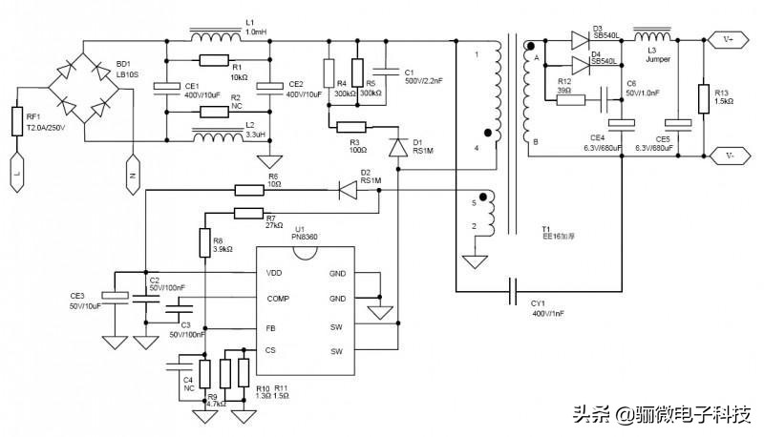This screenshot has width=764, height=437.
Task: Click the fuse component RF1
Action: [x=17, y=121]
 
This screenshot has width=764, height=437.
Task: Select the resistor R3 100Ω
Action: [x=350, y=127]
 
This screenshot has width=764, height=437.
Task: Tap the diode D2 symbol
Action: [x=349, y=190]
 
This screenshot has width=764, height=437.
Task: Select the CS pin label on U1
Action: [x=271, y=351]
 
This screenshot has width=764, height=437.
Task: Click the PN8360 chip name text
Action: [x=305, y=238]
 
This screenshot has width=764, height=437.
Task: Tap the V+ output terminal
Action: [x=729, y=40]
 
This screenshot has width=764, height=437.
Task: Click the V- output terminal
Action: [x=729, y=154]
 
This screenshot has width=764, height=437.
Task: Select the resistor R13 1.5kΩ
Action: [x=704, y=96]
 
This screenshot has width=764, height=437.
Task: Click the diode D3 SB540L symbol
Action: [x=580, y=40]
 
